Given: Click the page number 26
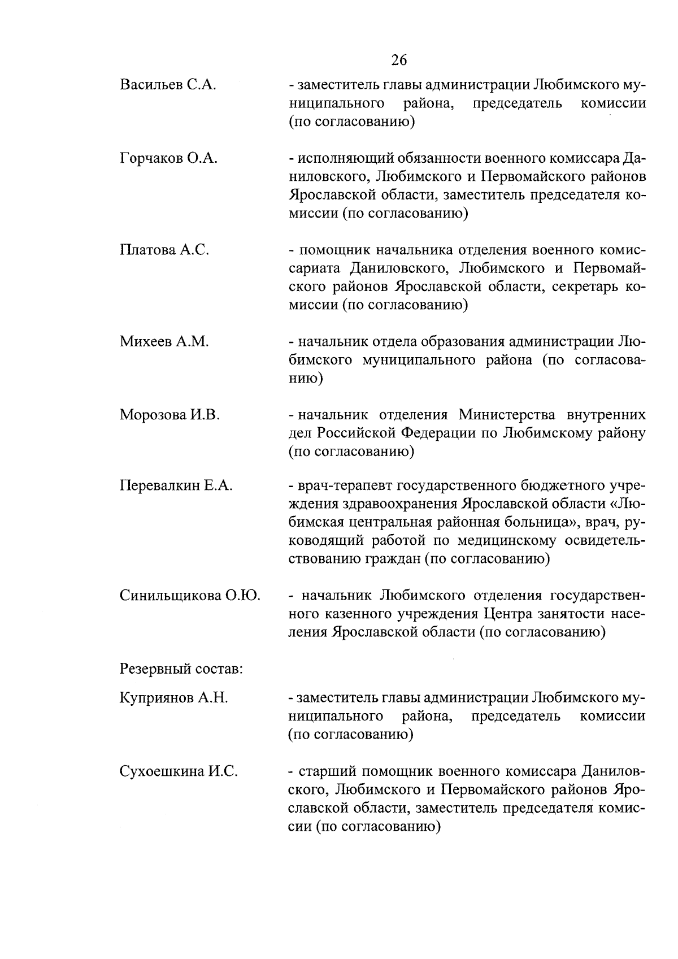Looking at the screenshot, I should [398, 60].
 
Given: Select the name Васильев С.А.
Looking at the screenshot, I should [168, 85].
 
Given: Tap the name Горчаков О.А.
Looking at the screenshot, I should [168, 159].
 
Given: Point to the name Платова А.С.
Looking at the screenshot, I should [164, 250].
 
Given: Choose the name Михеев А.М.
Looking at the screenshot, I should [164, 341].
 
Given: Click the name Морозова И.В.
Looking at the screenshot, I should [169, 415].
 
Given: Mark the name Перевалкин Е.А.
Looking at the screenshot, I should [176, 486].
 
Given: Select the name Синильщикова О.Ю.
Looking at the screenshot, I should [190, 596].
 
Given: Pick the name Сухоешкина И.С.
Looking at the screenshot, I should [178, 771].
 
